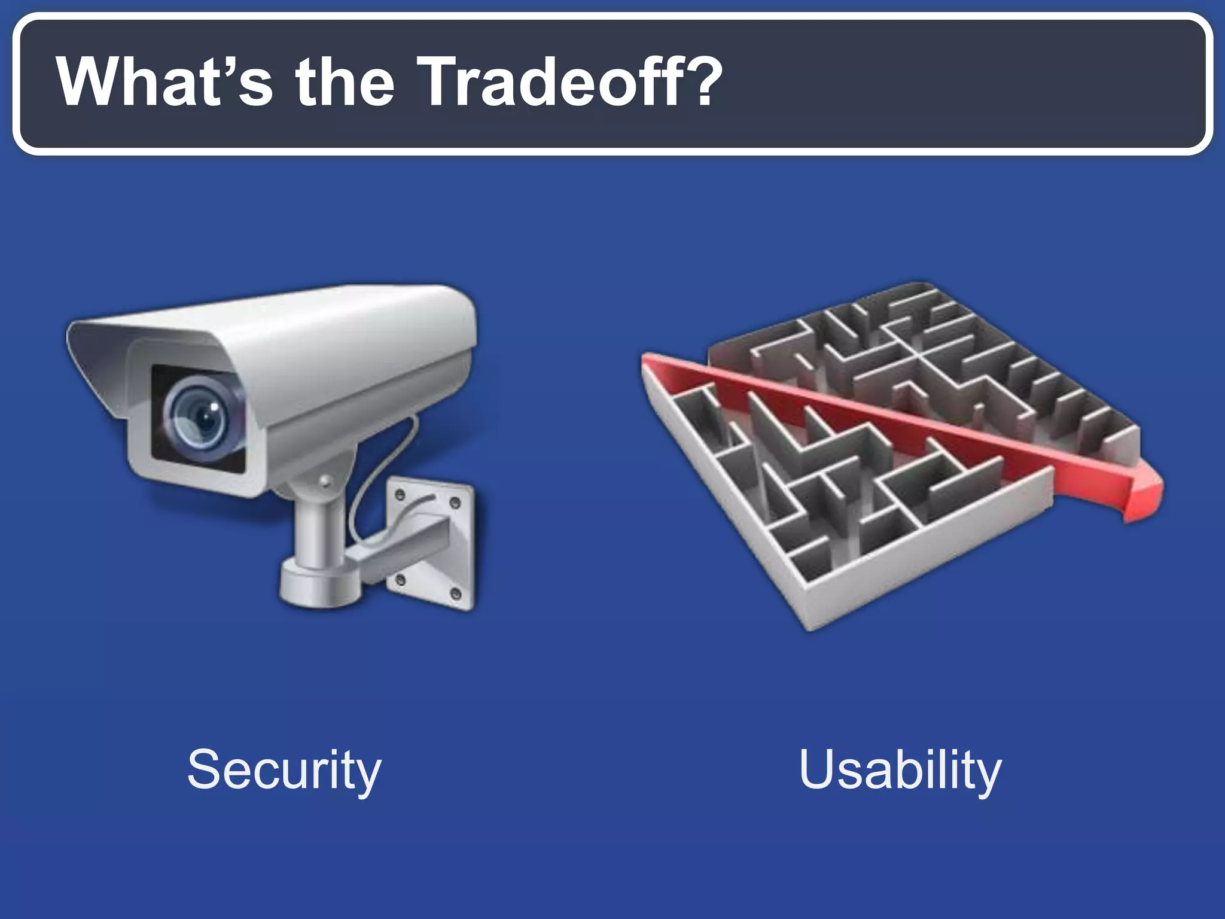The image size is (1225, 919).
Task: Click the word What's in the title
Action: point(164,82)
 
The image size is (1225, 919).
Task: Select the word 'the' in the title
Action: point(345,82)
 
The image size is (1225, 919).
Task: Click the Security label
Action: point(284,770)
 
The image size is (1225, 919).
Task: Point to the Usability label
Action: point(900,770)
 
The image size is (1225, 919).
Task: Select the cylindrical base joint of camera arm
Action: point(320,583)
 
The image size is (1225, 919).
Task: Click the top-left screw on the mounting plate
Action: point(400,494)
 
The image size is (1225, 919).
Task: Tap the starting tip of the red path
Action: point(646,359)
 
